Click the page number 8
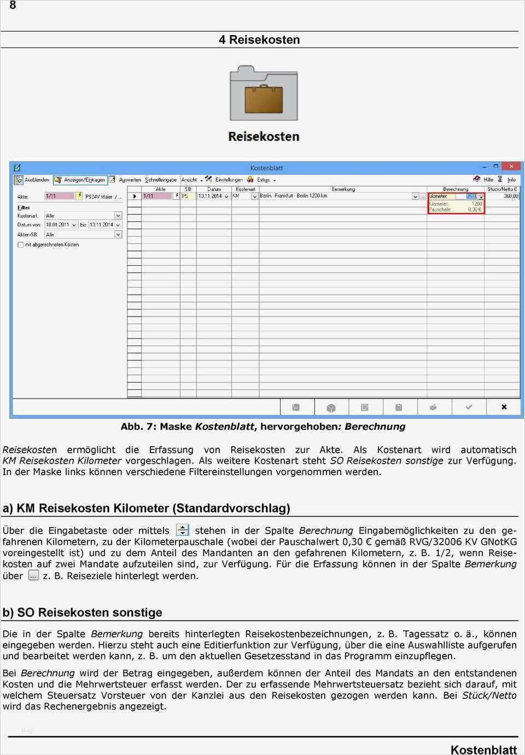tap(13, 5)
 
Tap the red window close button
tap(511, 166)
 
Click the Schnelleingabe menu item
tap(161, 180)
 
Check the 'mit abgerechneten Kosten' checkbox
tap(21, 244)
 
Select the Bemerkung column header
tap(343, 189)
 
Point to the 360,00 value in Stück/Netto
tap(510, 196)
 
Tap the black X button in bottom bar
tap(504, 407)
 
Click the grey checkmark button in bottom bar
tap(468, 407)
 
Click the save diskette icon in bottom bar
tap(296, 407)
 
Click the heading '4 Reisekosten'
tap(259, 39)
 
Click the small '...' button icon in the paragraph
tap(33, 575)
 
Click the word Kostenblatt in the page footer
tap(483, 750)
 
